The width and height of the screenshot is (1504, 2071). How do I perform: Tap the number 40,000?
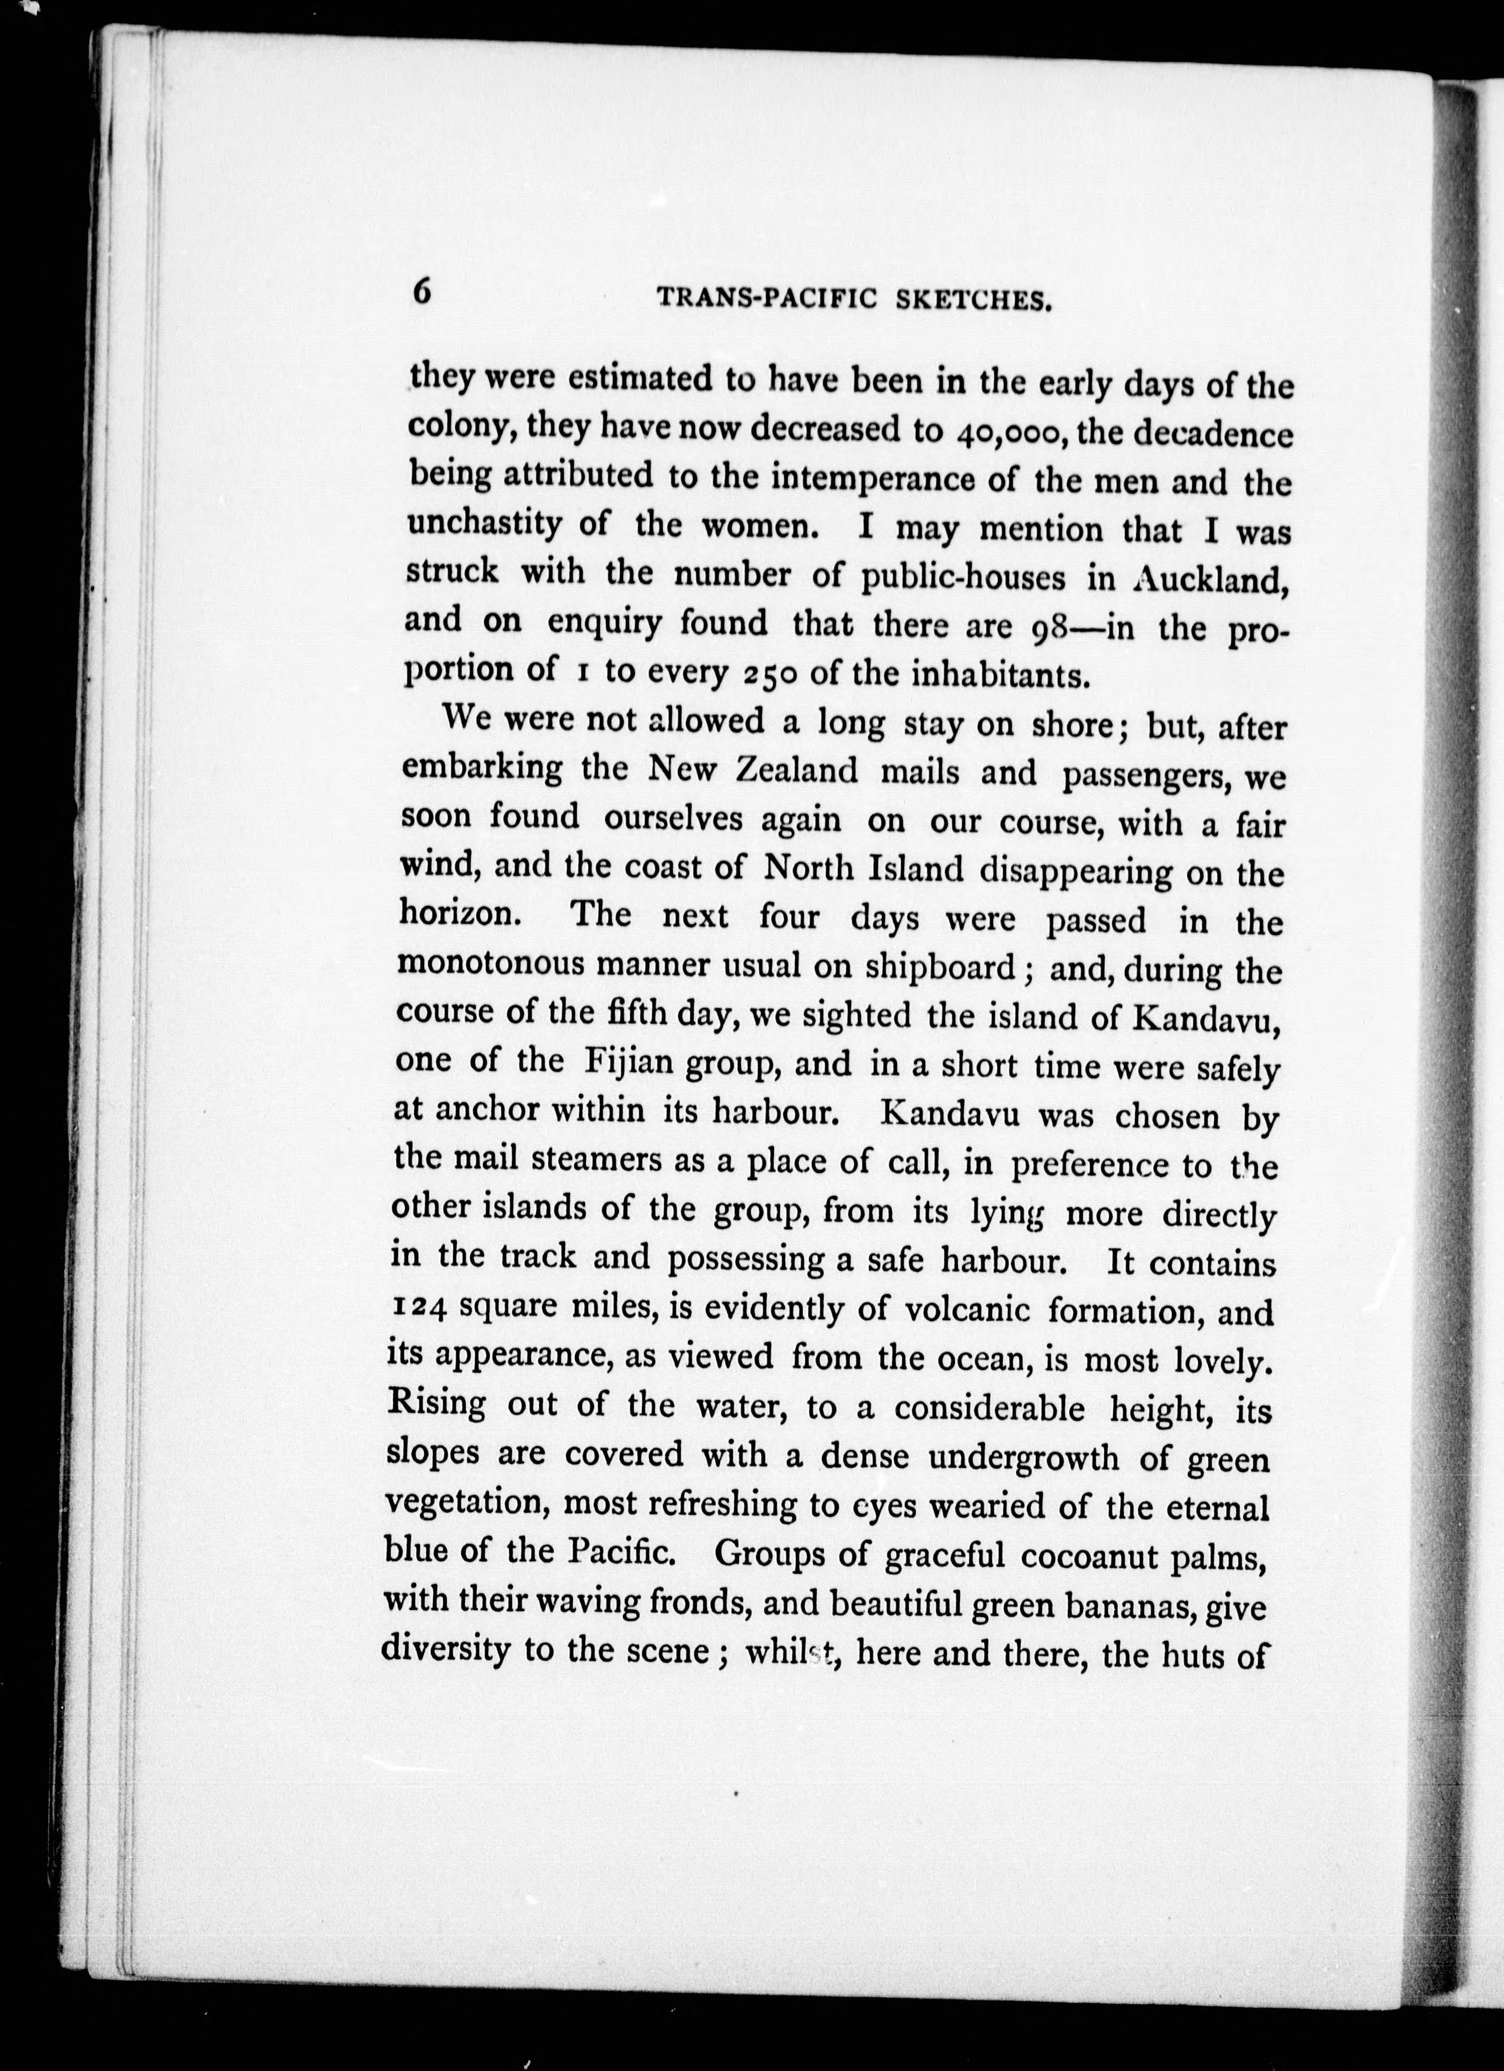[1008, 431]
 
